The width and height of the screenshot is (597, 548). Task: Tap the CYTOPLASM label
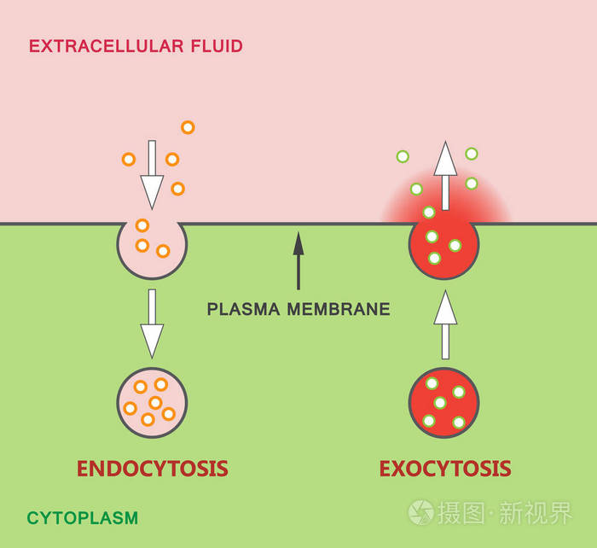[x=82, y=517]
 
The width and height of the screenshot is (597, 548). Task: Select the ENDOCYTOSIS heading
[x=152, y=469]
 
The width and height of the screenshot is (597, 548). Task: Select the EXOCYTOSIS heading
[x=444, y=469]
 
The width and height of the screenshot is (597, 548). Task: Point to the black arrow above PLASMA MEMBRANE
[x=298, y=260]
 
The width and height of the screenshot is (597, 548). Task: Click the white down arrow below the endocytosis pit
[x=152, y=323]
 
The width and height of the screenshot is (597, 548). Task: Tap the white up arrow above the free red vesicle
[x=444, y=325]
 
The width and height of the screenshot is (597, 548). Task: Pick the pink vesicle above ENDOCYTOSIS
[x=152, y=403]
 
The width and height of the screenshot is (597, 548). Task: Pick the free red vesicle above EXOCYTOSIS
[x=444, y=403]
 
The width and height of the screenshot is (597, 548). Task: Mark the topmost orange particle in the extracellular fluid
[x=188, y=127]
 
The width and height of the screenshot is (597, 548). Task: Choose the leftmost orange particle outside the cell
[x=129, y=159]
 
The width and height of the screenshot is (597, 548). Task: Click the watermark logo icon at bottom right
[x=420, y=512]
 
